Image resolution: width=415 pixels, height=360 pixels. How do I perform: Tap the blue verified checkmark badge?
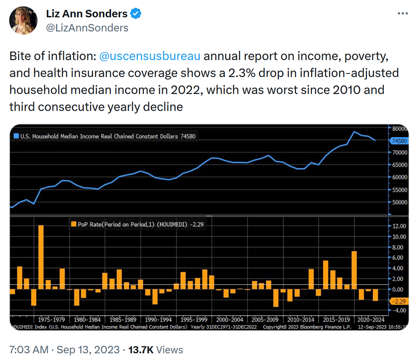point(136,14)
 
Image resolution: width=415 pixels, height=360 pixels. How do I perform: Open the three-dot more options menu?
point(402,14)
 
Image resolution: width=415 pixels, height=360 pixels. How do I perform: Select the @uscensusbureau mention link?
point(149,56)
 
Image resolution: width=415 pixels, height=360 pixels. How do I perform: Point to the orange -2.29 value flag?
point(398,301)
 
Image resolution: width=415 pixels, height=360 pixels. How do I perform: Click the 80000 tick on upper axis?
point(399,129)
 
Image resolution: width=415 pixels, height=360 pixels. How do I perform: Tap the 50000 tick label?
point(399,202)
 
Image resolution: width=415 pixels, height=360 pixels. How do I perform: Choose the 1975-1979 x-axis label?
point(52,320)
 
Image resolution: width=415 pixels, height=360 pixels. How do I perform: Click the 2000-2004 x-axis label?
point(229,320)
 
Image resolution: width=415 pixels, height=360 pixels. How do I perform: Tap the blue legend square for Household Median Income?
point(16,136)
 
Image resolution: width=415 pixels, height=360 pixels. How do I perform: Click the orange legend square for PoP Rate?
point(73,225)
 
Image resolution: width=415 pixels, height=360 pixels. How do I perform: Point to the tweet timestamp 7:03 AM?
point(29,350)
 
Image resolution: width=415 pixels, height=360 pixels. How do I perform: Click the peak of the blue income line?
point(354,132)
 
